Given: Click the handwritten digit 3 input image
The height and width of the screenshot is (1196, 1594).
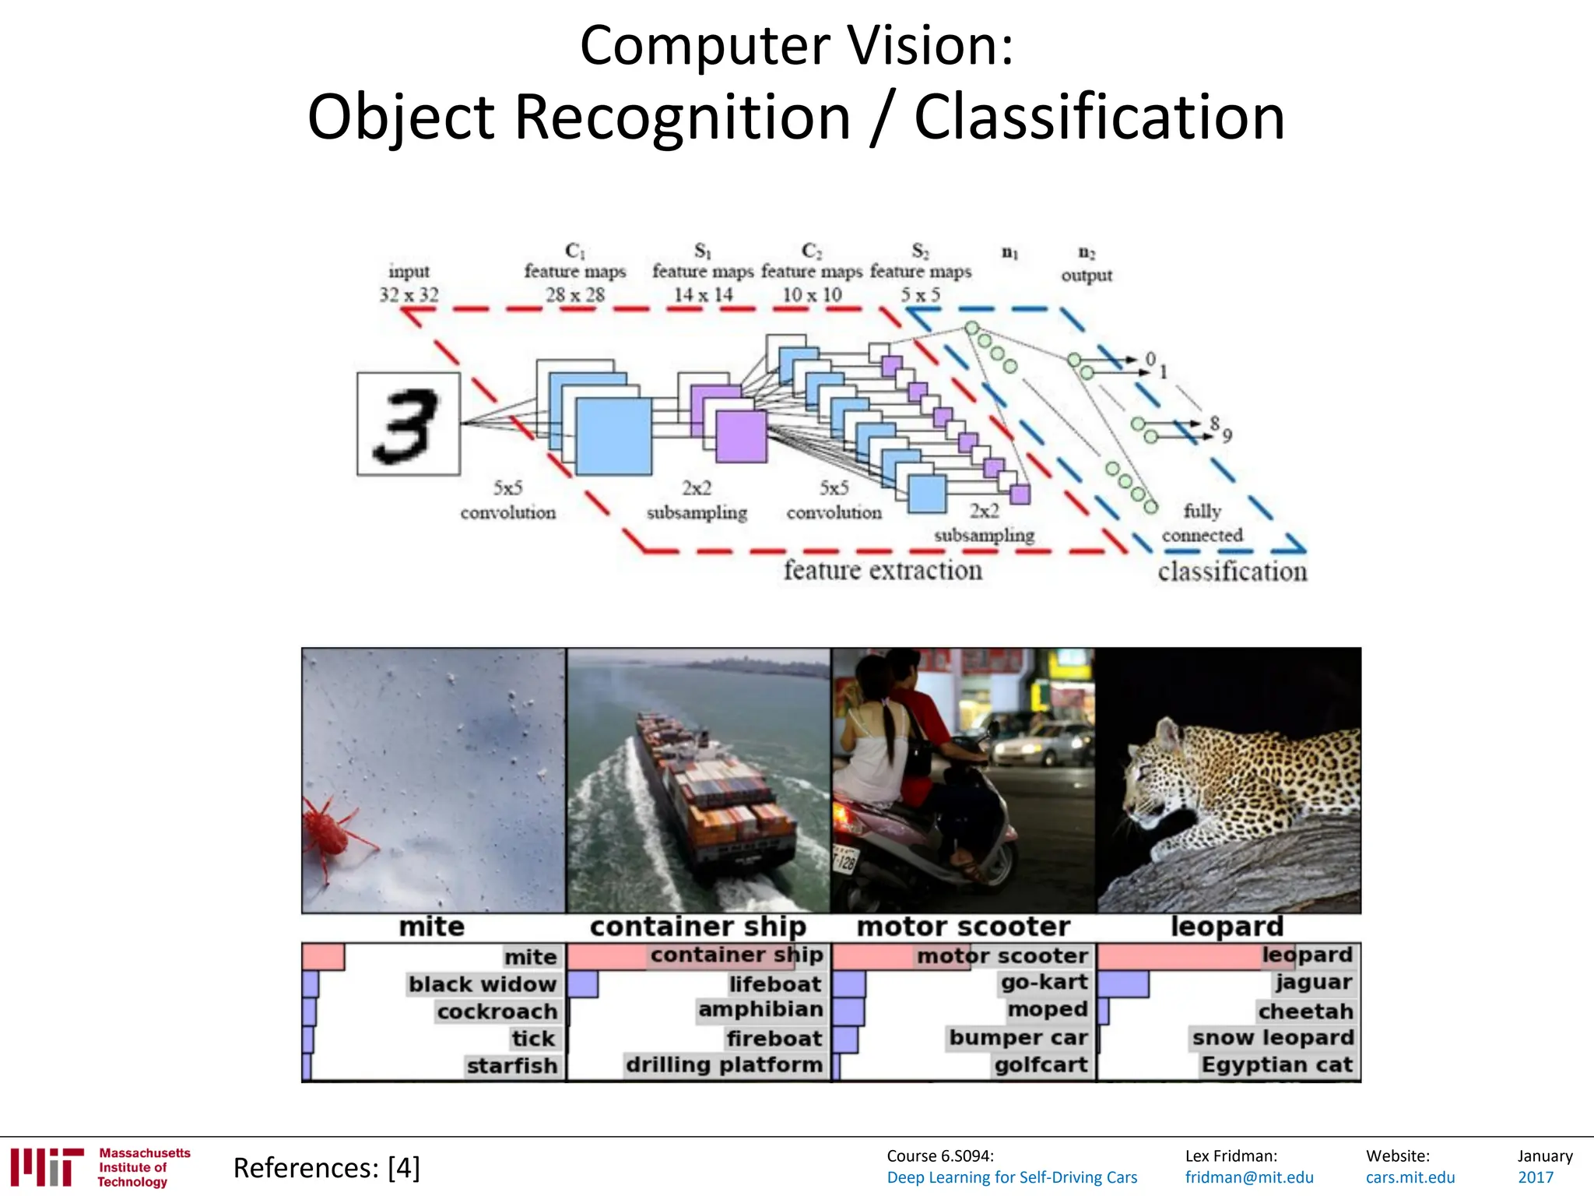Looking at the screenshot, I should (x=408, y=424).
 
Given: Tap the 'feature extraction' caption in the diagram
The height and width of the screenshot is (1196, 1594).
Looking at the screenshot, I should (x=883, y=571).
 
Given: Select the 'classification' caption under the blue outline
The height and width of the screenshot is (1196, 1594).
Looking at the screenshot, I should (x=1231, y=572).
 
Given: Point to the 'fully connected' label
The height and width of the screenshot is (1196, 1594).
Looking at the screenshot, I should (x=1202, y=523).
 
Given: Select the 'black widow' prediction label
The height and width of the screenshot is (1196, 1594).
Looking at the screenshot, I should (x=483, y=984).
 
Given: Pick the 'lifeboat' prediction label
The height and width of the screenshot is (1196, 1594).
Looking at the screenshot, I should (x=775, y=984).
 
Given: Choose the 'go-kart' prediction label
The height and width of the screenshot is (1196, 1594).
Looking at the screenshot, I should (x=1044, y=983).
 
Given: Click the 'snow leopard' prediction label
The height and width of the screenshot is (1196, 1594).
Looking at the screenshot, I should (x=1273, y=1038).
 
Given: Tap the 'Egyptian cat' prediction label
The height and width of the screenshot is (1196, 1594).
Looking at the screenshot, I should (x=1276, y=1064).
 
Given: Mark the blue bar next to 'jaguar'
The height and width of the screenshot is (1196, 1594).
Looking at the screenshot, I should (x=1123, y=984).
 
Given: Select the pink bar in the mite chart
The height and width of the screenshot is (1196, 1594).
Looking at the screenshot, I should (x=323, y=957).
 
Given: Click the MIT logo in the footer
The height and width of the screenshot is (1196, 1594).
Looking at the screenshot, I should (x=47, y=1167).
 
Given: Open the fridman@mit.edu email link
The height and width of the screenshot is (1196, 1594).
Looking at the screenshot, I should (x=1248, y=1177).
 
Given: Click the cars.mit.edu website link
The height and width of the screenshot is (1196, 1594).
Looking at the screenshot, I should (x=1410, y=1177).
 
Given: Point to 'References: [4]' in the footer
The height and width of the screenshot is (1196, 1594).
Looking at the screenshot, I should (x=326, y=1168).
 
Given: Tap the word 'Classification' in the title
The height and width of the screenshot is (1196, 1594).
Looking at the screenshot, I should (x=1098, y=118).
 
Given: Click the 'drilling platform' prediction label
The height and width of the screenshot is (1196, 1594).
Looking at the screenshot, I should (x=724, y=1064).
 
